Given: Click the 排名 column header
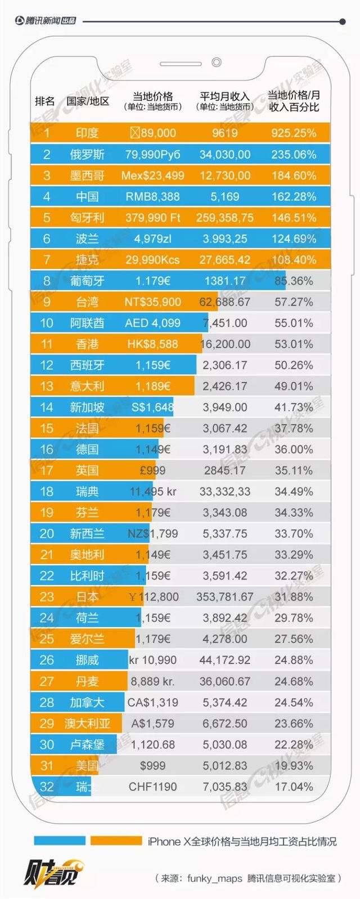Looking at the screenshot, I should coord(45,101).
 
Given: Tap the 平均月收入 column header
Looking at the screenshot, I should coord(224,96).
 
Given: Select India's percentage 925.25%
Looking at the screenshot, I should coord(294,133).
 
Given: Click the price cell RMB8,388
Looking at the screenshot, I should coord(152,197).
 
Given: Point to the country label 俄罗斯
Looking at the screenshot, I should coord(87,155).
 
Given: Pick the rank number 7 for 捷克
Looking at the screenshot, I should coord(47,260).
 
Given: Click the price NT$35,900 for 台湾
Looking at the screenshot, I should coord(152,302).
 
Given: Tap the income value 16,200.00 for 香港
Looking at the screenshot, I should coord(225,344).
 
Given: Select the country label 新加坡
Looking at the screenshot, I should coord(87,407).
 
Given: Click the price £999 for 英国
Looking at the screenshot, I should coord(152,470).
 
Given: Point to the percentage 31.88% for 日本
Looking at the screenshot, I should coord(294,597).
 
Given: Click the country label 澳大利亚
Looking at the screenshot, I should coord(87,723).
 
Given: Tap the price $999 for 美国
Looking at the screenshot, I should coord(152,766).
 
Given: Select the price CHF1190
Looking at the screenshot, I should coord(152,787).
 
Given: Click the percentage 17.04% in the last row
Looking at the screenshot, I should coord(294,787).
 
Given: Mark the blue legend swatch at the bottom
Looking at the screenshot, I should coord(60,840).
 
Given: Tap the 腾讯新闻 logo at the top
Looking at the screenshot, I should coord(45,21).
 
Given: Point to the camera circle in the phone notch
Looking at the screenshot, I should coord(216,62).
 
